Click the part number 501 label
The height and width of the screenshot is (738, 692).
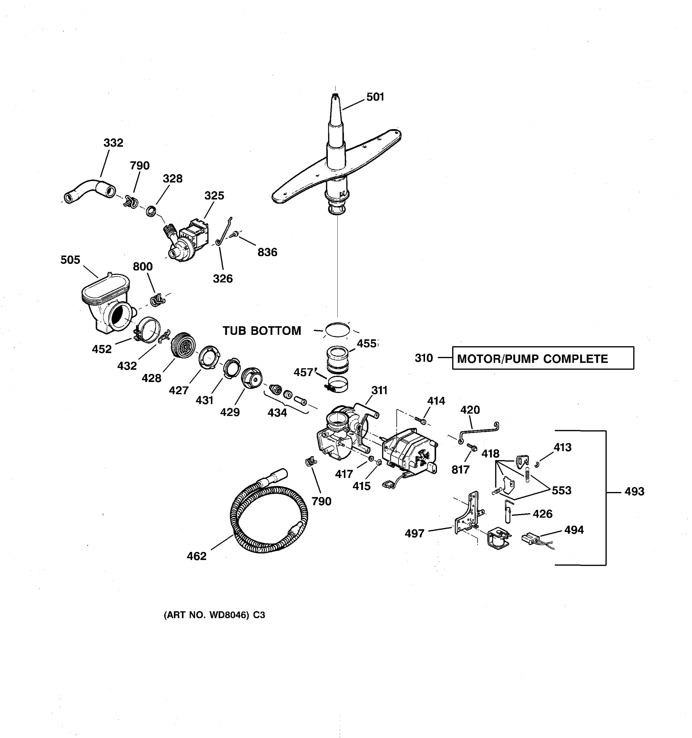tap(375, 97)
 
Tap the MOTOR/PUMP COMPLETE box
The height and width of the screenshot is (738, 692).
tap(543, 358)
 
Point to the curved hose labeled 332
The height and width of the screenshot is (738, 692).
tap(89, 189)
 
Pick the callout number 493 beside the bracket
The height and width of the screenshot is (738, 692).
tap(634, 491)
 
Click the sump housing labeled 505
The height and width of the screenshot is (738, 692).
tap(106, 304)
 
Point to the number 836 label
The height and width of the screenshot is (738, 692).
tap(267, 252)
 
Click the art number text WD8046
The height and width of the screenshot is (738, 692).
tap(214, 615)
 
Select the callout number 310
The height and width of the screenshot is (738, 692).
tap(424, 358)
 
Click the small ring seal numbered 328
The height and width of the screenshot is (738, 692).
tap(151, 212)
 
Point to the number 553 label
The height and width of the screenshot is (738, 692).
tap(561, 490)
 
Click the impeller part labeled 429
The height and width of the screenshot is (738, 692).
tap(251, 378)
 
